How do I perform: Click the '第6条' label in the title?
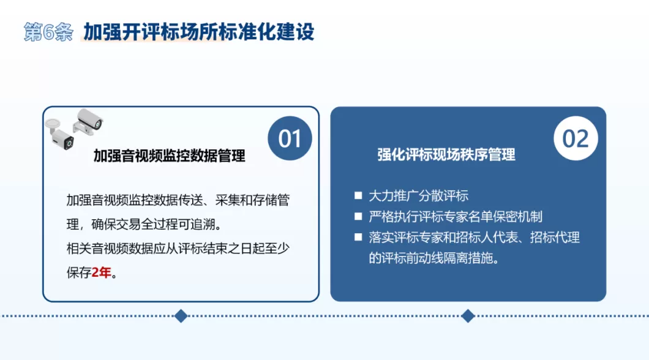[x=48, y=32]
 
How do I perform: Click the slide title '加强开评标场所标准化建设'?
[x=199, y=32]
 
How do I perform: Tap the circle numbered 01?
[x=290, y=138]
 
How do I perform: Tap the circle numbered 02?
[x=576, y=138]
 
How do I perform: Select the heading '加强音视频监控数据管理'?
[x=169, y=156]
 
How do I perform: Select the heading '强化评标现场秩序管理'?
[x=446, y=154]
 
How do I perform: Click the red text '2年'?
[x=102, y=272]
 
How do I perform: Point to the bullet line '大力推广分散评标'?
[x=419, y=196]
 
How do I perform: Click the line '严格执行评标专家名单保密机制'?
[x=456, y=217]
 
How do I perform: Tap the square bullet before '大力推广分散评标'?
[x=358, y=196]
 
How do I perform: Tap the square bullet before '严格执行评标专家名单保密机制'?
[x=358, y=217]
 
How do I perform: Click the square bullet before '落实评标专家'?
[x=358, y=238]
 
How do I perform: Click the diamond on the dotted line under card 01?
[x=181, y=316]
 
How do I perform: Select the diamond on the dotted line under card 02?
[x=468, y=316]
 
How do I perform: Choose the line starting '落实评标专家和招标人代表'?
[x=474, y=238]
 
